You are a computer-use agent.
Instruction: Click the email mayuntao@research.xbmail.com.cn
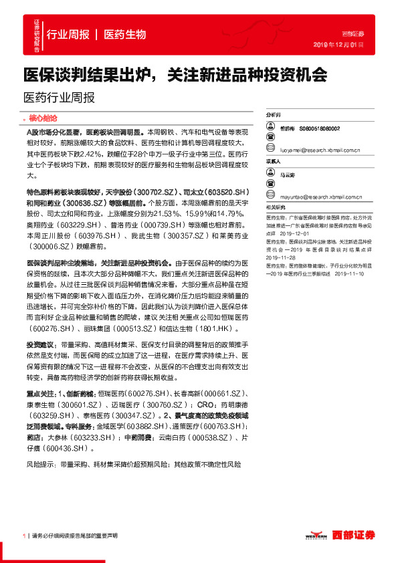[x=322, y=197]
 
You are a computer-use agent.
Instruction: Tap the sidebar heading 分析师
[x=274, y=115]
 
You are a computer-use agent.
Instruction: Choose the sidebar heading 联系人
[x=274, y=161]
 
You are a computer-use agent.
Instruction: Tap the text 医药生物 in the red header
[x=125, y=35]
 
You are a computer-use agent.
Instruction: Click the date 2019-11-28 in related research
[x=280, y=256]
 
